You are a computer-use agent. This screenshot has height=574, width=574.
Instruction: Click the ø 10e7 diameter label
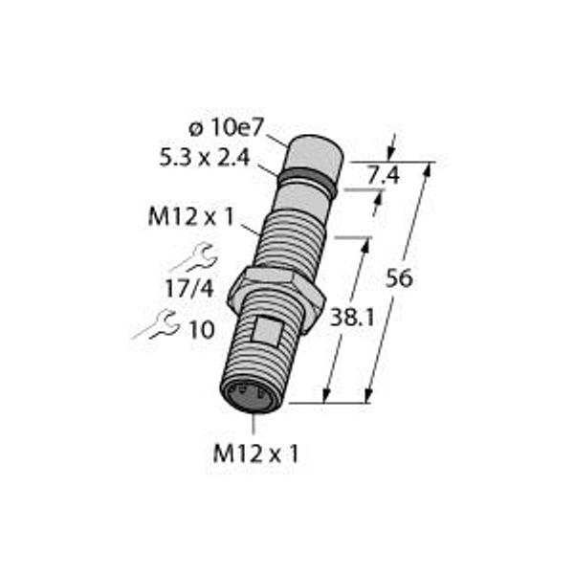point(226,128)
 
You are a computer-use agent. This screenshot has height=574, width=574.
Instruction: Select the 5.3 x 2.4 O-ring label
point(205,159)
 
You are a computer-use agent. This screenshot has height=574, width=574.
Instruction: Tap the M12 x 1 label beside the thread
point(190,217)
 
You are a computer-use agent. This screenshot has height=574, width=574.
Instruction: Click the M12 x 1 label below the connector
point(255,453)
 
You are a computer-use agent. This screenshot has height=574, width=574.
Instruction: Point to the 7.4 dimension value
point(384,176)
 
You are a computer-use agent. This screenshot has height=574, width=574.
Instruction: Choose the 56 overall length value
point(399,278)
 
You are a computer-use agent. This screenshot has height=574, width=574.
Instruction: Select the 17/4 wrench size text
point(188,289)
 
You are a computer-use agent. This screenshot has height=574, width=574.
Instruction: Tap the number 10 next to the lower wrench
point(201,330)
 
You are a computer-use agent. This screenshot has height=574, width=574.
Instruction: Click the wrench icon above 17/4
point(194,257)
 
